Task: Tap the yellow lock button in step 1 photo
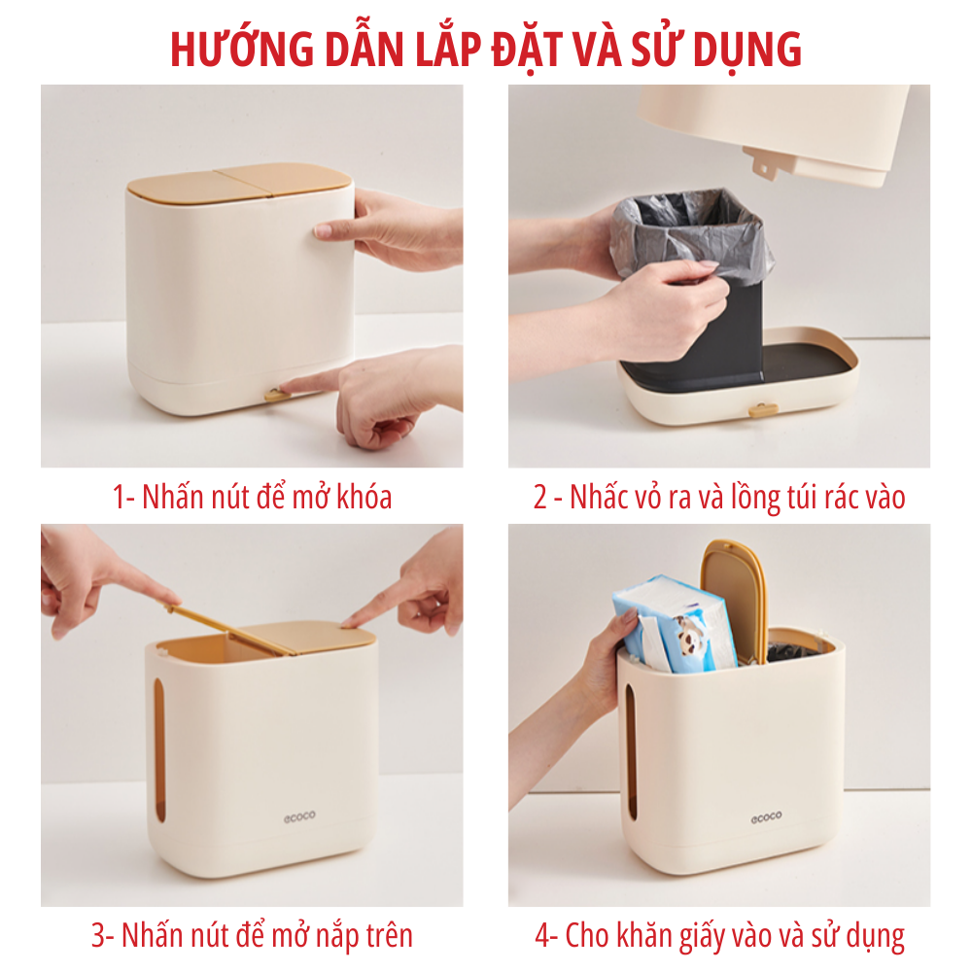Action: pyautogui.click(x=276, y=395)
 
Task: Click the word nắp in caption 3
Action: pyautogui.click(x=325, y=936)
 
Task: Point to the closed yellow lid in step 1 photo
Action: pyautogui.click(x=238, y=183)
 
